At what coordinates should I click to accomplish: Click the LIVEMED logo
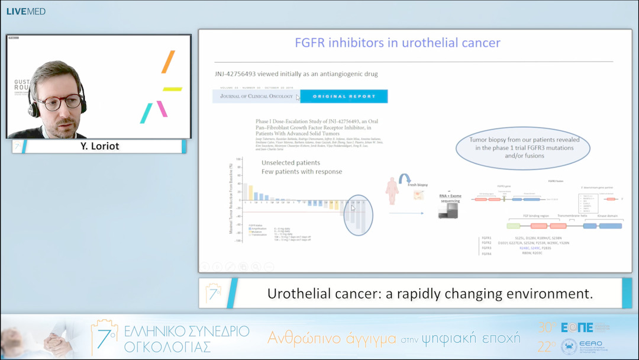(x=25, y=11)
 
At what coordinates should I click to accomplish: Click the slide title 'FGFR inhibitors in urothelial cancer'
(x=398, y=43)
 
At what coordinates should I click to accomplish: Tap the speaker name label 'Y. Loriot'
(x=99, y=146)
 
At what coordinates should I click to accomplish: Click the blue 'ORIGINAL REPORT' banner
(x=344, y=96)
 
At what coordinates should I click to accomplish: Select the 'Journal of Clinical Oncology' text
(x=256, y=96)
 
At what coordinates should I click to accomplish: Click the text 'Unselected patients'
(x=291, y=162)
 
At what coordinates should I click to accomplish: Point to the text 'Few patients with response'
(x=302, y=172)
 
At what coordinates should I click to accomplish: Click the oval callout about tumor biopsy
(x=522, y=148)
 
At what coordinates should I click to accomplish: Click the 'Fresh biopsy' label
(x=419, y=185)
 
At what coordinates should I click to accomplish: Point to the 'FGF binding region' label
(x=537, y=217)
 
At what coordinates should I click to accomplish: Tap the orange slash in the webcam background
(x=168, y=62)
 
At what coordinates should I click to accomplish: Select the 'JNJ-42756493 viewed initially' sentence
(x=296, y=74)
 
